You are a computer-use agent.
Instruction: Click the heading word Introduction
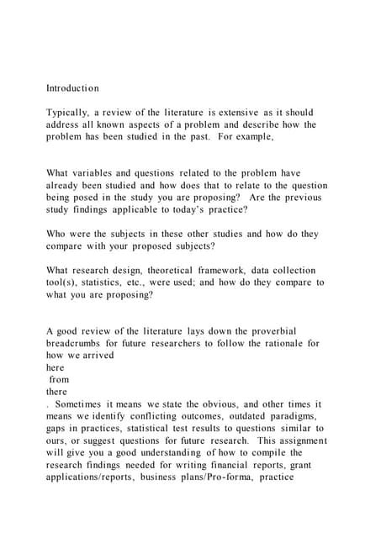coord(72,88)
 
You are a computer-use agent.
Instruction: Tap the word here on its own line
coord(55,367)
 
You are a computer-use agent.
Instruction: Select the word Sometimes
coord(79,404)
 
